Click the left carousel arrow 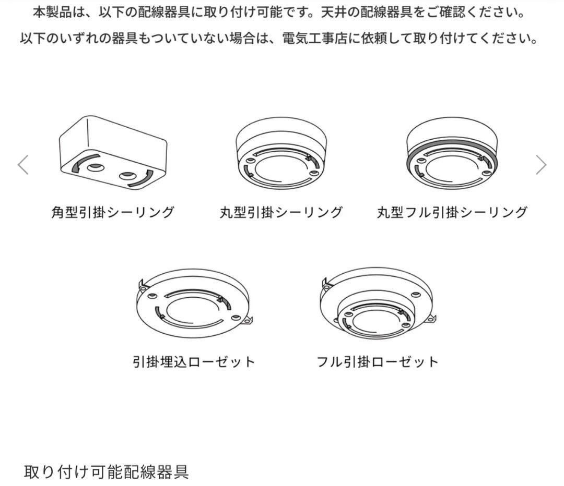[23, 165]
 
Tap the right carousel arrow [541, 165]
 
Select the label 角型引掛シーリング [113, 212]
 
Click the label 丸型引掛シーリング [281, 212]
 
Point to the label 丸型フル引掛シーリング [452, 212]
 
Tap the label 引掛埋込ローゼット [194, 361]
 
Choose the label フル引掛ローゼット [378, 361]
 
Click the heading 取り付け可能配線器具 [106, 472]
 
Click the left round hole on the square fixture [96, 168]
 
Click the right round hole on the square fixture [127, 176]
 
